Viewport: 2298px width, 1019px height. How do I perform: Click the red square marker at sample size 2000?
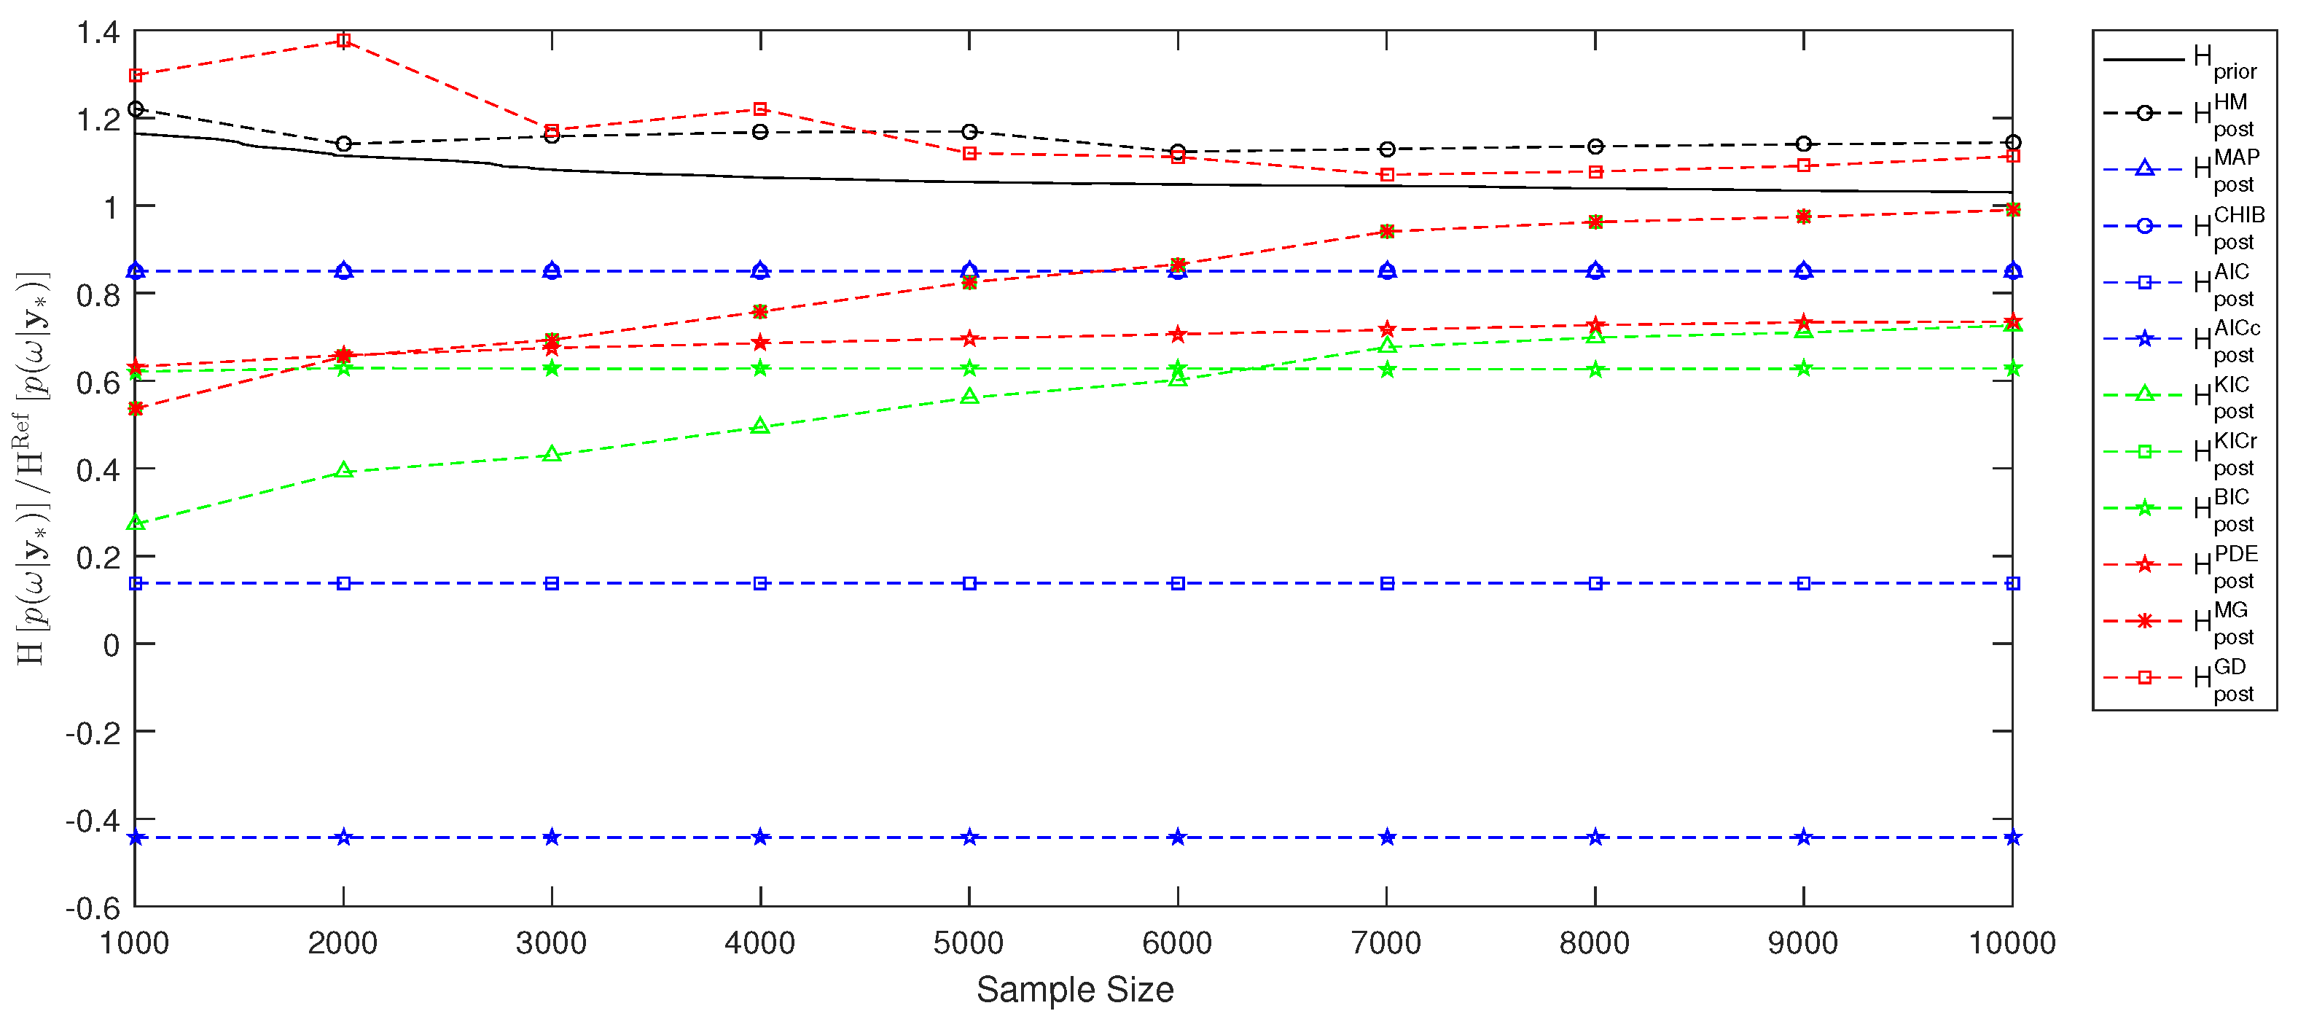[343, 40]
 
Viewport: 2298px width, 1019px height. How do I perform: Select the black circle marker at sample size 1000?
[136, 109]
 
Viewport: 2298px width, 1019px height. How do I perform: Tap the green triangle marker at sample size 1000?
[136, 522]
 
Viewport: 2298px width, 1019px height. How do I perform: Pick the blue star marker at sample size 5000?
[969, 837]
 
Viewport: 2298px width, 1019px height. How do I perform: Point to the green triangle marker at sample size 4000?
[760, 426]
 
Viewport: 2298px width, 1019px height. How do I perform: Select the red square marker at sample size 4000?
[760, 109]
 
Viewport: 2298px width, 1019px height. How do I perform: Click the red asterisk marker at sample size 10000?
[2012, 210]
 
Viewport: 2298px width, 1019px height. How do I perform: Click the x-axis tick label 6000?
[1178, 943]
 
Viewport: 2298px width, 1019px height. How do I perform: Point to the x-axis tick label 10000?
[2012, 943]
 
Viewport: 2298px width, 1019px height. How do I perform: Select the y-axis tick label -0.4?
[93, 820]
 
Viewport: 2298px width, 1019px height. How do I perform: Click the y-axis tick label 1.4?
[98, 33]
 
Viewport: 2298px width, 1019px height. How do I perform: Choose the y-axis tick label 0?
[111, 644]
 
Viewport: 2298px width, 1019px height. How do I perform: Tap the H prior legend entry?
[2181, 60]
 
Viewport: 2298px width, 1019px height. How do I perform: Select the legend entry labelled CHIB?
[2181, 227]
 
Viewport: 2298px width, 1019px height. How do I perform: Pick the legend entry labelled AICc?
[2181, 339]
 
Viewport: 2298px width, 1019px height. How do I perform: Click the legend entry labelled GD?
[2181, 678]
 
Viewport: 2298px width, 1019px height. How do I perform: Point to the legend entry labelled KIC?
[2181, 395]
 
